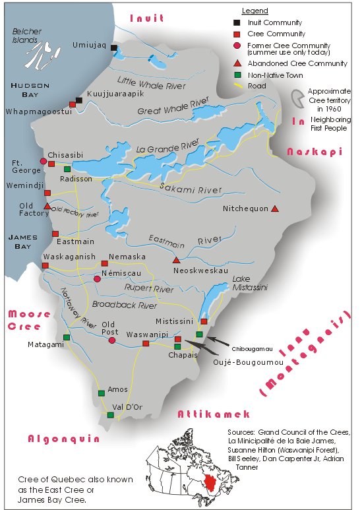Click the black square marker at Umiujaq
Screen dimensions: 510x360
[114, 48]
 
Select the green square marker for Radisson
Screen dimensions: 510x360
[67, 170]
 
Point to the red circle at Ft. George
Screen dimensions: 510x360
[44, 161]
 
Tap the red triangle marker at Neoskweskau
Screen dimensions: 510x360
[176, 260]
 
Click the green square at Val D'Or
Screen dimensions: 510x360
[110, 415]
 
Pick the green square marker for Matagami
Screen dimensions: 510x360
[66, 338]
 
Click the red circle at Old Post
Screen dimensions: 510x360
[112, 340]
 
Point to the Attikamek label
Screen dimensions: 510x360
[214, 414]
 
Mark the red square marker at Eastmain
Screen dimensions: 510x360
[55, 234]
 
